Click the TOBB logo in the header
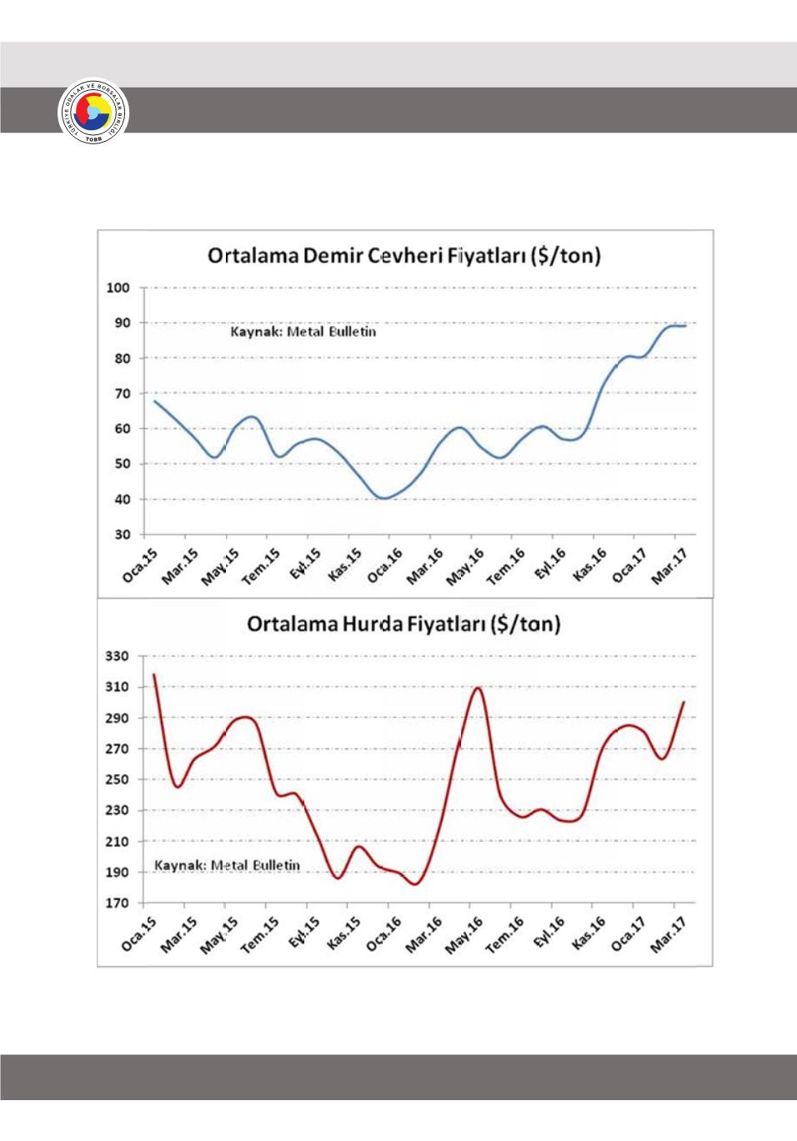point(93,117)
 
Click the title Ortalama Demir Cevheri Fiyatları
point(404,255)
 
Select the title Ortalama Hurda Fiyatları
point(404,624)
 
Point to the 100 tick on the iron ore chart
point(119,288)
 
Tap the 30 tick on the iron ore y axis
point(123,535)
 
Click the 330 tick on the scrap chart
point(117,656)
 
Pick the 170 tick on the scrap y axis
point(117,903)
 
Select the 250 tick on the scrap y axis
point(117,780)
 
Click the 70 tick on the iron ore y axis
point(123,394)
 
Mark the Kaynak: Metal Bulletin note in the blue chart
point(303,332)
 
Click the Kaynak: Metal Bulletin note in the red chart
point(227,865)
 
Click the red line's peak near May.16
point(478,687)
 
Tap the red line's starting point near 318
point(154,675)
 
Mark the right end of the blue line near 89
point(685,326)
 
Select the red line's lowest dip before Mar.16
point(415,884)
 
